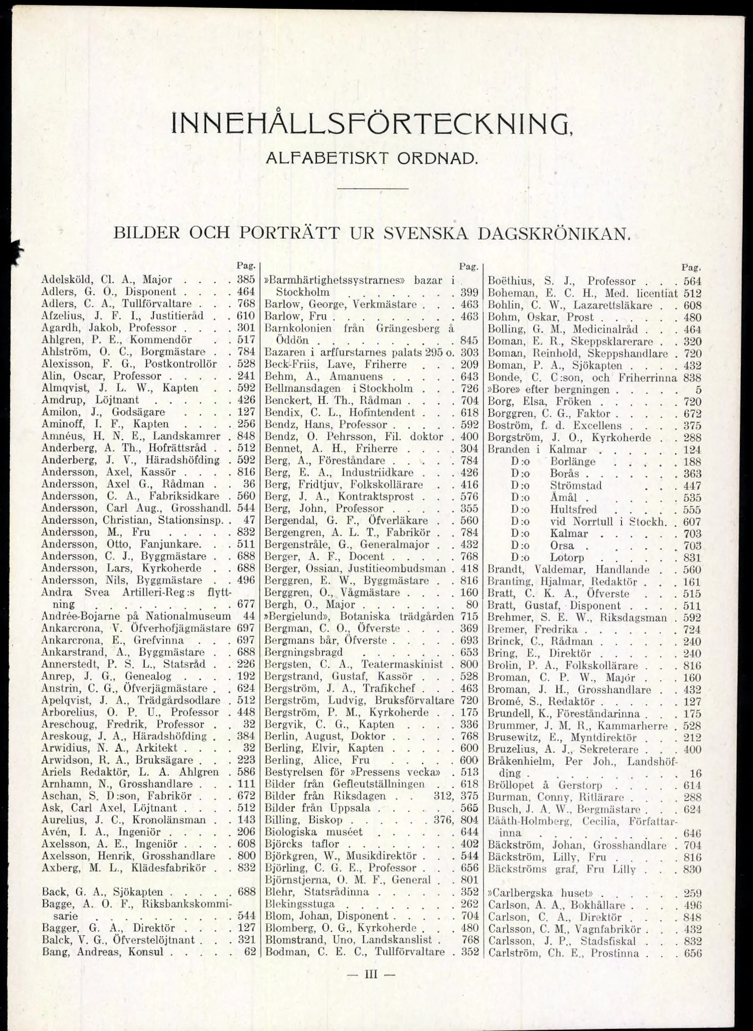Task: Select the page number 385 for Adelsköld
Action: pos(246,279)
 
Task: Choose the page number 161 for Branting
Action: pos(692,582)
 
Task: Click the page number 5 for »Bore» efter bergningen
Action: pos(698,390)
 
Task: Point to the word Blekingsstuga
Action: pos(299,904)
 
